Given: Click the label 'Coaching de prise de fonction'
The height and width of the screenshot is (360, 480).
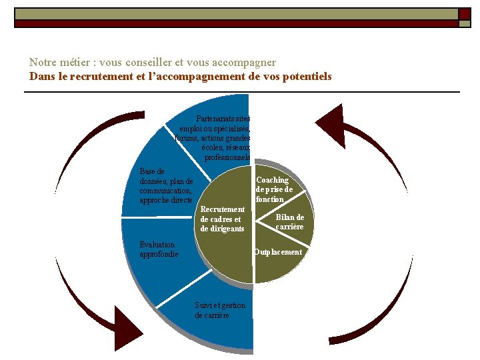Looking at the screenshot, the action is (273, 189).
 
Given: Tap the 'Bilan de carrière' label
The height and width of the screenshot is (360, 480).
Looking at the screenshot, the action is (290, 222).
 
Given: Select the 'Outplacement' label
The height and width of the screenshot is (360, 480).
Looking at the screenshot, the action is (278, 252).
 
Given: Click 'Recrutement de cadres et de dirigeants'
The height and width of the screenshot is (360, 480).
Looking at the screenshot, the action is (223, 219).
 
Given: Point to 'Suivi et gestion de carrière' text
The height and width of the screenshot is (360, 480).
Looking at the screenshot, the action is (220, 310).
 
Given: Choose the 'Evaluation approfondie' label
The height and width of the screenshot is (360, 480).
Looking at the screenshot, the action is (159, 249).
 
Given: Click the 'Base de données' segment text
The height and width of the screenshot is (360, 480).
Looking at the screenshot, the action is (166, 186).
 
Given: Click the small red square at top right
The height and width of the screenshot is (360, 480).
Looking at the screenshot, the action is (464, 13).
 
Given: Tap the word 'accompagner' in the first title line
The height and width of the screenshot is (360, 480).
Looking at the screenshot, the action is (243, 63).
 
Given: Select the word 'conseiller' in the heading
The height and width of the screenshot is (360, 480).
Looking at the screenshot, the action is (147, 63).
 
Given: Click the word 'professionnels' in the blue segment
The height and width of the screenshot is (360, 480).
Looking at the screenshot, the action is (227, 157).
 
